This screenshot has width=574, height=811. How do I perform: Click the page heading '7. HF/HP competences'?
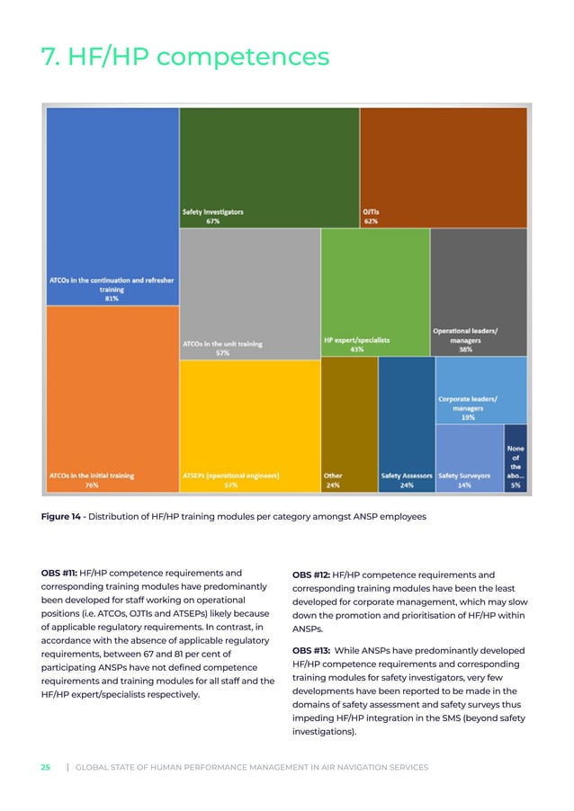coord(185,58)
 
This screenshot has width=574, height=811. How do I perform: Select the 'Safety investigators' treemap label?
coord(213,212)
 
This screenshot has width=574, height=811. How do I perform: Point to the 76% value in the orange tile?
coord(91,485)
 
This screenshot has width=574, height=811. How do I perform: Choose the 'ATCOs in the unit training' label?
coord(222,343)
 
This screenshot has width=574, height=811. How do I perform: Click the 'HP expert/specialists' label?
coord(356,341)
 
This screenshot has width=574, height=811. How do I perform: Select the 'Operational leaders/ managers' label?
coord(465,335)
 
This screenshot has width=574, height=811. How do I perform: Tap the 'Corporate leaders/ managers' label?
coord(468,403)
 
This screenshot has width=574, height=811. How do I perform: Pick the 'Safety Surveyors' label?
coord(464,475)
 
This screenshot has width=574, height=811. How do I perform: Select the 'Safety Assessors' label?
coord(407,475)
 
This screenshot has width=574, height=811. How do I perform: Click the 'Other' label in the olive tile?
coord(332,475)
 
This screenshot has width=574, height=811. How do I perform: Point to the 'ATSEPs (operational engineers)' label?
coord(231,475)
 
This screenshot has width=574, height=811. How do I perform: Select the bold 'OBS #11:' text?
coord(58,572)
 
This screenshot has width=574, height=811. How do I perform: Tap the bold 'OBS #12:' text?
coord(311,575)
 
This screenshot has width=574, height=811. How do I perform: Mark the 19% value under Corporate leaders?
coord(468,417)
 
